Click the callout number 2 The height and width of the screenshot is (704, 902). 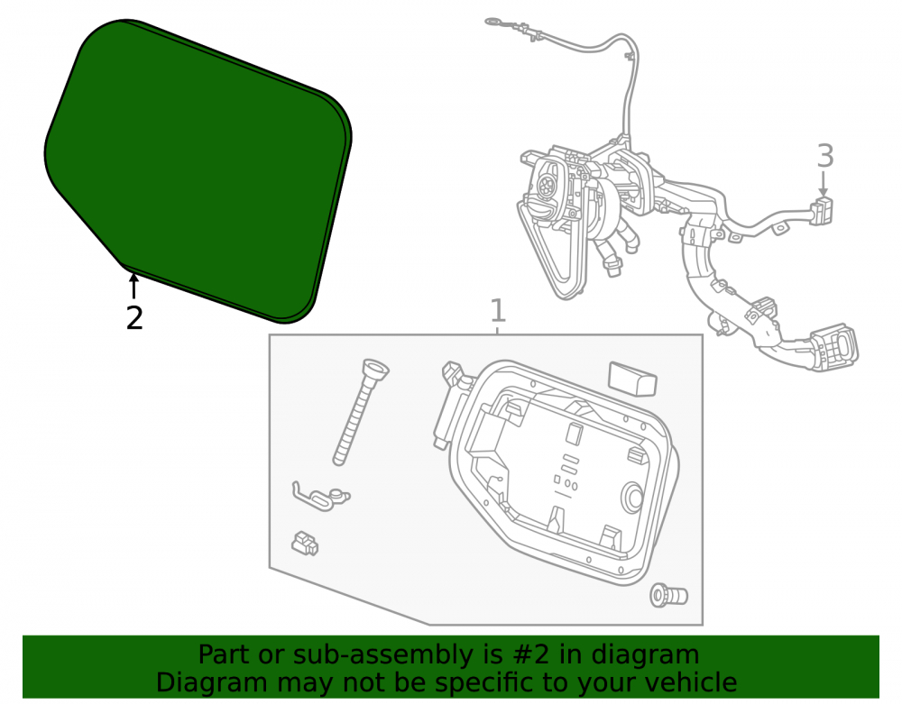(134, 318)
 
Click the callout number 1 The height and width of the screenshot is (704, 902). (498, 310)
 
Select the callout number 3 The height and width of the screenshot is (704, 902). (825, 156)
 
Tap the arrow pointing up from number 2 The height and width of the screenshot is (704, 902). (133, 286)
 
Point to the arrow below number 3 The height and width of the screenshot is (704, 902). (824, 184)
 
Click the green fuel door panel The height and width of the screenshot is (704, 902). (198, 170)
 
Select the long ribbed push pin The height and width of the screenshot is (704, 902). (361, 410)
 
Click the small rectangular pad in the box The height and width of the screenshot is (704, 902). (631, 379)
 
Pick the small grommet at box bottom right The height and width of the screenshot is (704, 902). (668, 596)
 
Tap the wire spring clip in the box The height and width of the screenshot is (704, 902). (320, 497)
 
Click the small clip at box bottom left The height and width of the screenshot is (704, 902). (304, 543)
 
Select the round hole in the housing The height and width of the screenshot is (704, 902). (633, 497)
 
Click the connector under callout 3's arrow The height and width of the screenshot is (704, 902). (822, 210)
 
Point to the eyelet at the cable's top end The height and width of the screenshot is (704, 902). (494, 23)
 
